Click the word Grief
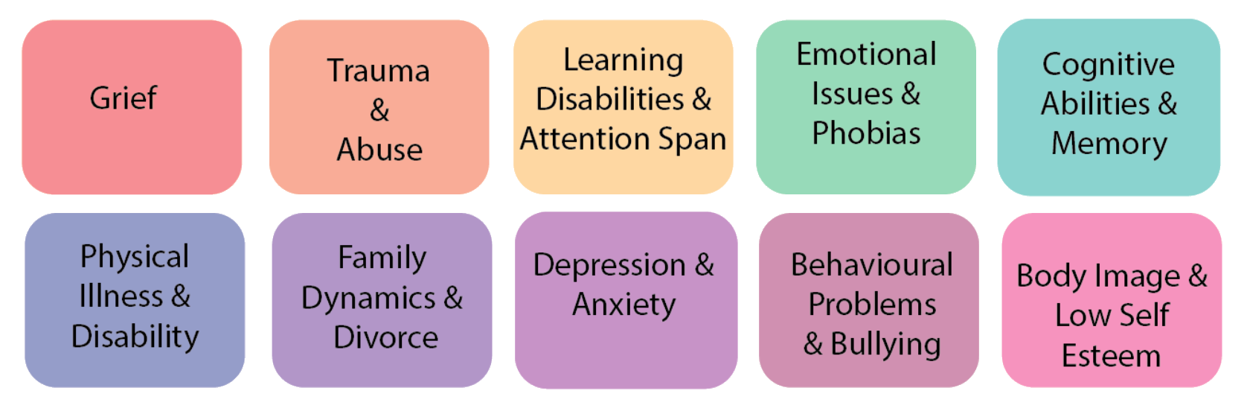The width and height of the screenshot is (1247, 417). (124, 98)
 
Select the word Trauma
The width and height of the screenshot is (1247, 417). (379, 71)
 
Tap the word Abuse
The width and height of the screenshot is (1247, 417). (379, 150)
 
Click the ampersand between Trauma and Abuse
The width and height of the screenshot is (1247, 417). (379, 111)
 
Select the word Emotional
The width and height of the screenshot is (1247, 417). (866, 54)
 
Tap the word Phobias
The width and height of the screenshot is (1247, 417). (866, 133)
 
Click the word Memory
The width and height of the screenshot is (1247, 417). (1109, 144)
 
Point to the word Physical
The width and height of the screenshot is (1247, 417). (135, 258)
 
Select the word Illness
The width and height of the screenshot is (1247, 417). (121, 296)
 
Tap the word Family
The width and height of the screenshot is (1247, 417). (382, 258)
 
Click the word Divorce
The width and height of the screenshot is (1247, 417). (385, 337)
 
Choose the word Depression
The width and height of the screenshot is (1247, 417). (609, 266)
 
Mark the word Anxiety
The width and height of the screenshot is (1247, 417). (623, 305)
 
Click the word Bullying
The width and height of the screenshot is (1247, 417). (885, 345)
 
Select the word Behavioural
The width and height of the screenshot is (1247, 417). (871, 265)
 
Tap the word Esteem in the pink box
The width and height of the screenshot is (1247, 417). (1111, 356)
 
